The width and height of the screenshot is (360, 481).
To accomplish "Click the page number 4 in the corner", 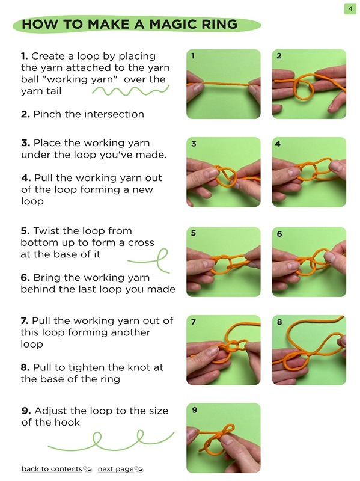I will (x=349, y=8).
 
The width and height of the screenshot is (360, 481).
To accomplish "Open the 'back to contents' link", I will (x=52, y=469).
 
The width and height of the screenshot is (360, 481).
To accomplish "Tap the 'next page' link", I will (x=115, y=469).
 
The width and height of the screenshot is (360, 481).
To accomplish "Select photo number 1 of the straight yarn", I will (x=223, y=84).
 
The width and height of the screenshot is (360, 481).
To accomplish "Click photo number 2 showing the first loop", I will (x=309, y=84).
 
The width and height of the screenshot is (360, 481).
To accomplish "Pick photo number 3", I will (x=223, y=172).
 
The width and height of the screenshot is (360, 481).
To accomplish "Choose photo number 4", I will (x=309, y=172).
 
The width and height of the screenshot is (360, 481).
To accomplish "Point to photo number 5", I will (x=223, y=262).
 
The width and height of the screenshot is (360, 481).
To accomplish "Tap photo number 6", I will (x=309, y=262).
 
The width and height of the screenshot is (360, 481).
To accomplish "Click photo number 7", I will (x=223, y=350).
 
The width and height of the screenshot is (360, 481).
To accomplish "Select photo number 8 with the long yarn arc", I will (x=309, y=350).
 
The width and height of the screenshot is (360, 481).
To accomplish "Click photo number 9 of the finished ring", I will (x=223, y=438).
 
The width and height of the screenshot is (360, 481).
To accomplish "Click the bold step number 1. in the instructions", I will (x=25, y=57).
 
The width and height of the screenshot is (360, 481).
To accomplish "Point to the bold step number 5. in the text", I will (x=25, y=231).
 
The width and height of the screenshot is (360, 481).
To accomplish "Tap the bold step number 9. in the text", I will (x=26, y=411).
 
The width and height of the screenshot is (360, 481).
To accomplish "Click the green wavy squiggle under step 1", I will (x=130, y=91).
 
